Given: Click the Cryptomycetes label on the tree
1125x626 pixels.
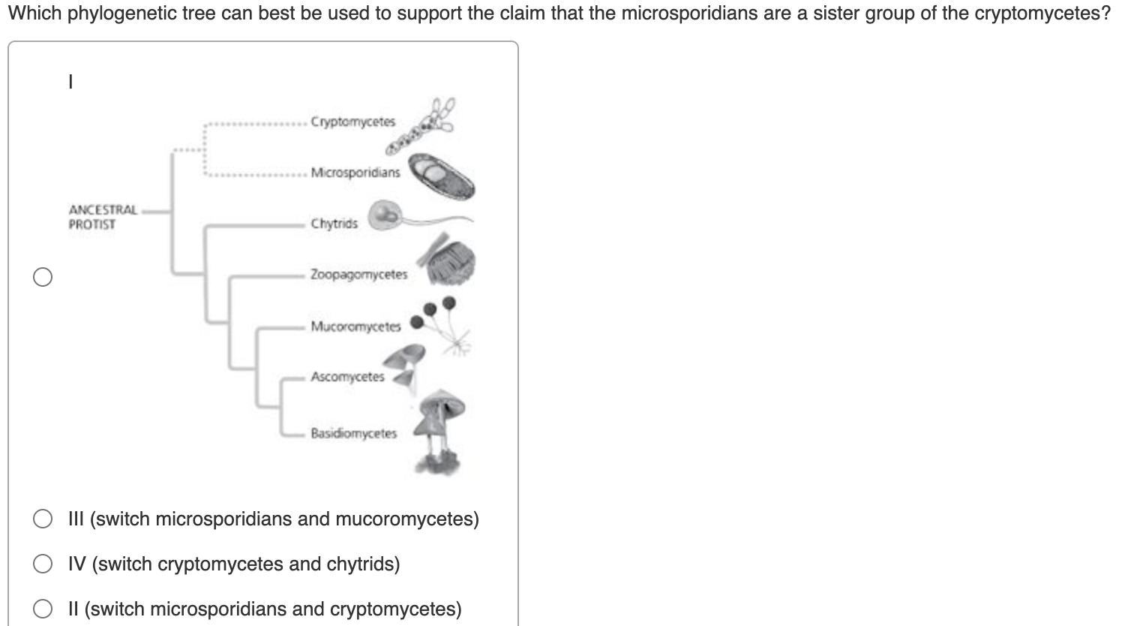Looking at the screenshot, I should (352, 122).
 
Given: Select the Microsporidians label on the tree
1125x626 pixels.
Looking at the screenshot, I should (355, 172).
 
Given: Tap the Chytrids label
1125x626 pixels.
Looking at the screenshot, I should (334, 224).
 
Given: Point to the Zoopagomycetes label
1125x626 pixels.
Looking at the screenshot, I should (358, 275).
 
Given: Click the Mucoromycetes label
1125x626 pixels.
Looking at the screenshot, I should (355, 327).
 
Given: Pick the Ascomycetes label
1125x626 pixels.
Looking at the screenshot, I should (347, 377).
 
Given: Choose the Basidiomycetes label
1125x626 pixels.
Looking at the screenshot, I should (353, 433).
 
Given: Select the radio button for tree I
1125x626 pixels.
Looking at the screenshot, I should (43, 277).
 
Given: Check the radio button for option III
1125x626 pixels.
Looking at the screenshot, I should (43, 519).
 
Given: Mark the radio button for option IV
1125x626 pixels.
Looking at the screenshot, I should (43, 564).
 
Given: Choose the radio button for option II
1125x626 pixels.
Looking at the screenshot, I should (43, 609).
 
